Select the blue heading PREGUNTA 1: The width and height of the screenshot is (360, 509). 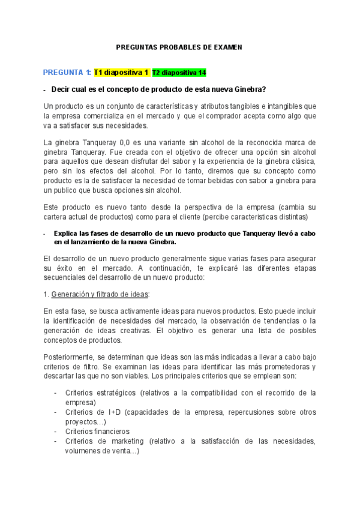coord(67,73)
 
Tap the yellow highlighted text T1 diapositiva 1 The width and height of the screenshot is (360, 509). coord(121,73)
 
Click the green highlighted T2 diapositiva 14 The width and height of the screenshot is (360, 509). coord(179,73)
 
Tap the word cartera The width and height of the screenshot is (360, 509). coord(56,216)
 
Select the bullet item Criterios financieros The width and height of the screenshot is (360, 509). coord(97,432)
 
